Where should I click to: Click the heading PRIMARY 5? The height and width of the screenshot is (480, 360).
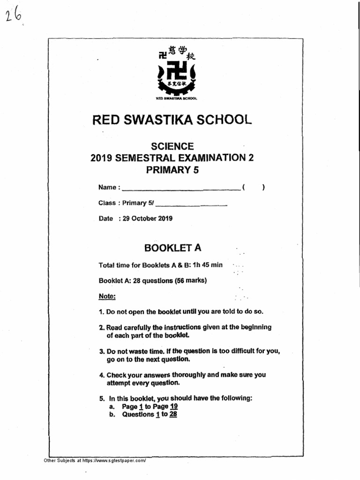tap(172, 170)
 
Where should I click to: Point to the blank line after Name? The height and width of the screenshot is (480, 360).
tap(180, 189)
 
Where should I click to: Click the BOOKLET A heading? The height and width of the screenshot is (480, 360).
tap(172, 248)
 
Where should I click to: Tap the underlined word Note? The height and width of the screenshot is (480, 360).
tap(107, 296)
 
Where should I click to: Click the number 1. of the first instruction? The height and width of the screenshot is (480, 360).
tap(101, 312)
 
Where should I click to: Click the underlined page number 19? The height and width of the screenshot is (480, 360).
tap(173, 406)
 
